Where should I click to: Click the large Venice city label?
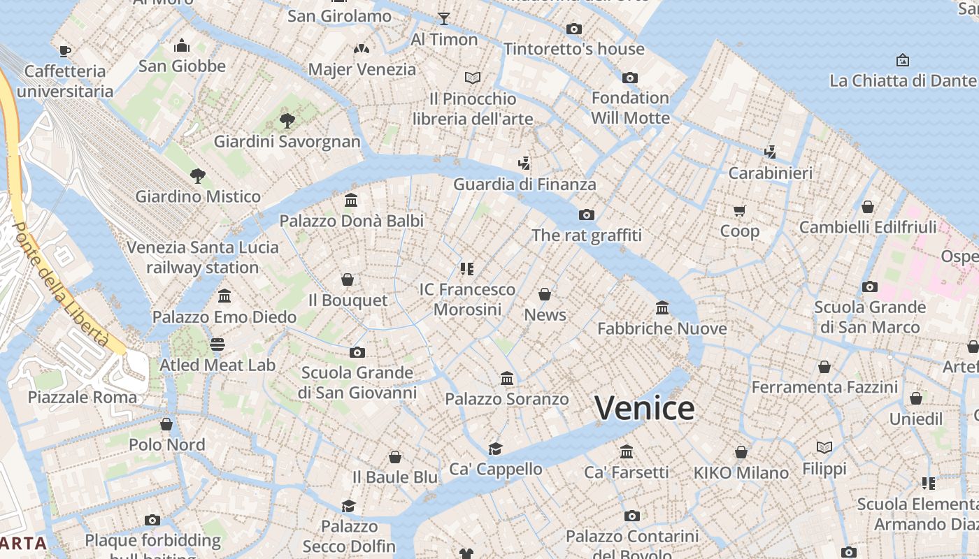(x=645, y=408)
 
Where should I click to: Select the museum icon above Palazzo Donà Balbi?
(x=351, y=201)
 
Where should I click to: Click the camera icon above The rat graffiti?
(x=586, y=215)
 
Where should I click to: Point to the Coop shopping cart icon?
(x=739, y=210)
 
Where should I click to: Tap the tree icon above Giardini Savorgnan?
(x=287, y=121)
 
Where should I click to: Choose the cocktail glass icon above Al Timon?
(x=444, y=19)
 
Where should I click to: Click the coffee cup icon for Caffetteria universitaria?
(x=65, y=51)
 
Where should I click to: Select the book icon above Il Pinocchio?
(x=473, y=78)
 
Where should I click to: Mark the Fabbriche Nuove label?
(x=662, y=328)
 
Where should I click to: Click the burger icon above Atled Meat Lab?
(x=217, y=344)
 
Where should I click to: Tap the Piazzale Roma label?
(x=83, y=398)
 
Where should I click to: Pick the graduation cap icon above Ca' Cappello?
(x=495, y=449)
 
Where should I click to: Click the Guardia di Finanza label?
(x=524, y=184)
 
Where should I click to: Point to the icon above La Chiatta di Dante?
(x=902, y=61)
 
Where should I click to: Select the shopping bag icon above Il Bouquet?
(x=348, y=280)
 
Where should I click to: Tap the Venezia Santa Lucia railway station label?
(x=203, y=257)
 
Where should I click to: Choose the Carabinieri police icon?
(x=770, y=152)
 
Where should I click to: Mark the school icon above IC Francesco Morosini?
(x=467, y=269)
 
